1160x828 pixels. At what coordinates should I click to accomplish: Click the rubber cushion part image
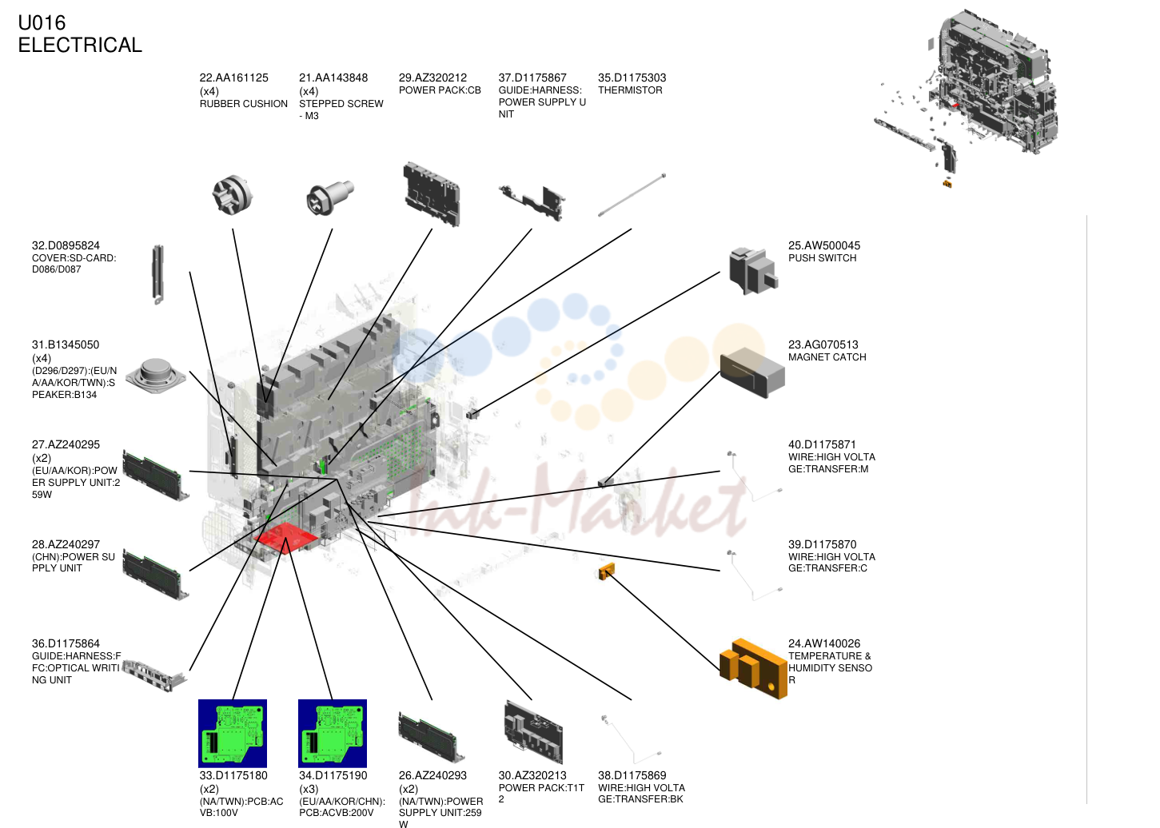coord(233,194)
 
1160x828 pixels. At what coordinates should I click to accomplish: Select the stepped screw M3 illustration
coord(330,197)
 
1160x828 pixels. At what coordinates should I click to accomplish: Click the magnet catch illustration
coord(752,372)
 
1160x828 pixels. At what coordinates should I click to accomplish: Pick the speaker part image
coord(156,376)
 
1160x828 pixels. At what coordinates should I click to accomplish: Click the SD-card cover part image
coord(158,274)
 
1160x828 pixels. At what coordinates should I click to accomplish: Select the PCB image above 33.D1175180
coord(233,733)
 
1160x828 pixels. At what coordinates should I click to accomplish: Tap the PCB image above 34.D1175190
coord(333,733)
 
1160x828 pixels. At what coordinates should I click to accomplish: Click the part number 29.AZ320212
coord(433,78)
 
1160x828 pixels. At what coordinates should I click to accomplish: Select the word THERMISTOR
coord(630,90)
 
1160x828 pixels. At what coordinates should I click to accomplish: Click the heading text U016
coord(42,23)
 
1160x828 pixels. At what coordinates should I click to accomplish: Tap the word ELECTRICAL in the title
coord(80,45)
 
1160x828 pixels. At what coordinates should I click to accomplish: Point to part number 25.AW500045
coord(824,245)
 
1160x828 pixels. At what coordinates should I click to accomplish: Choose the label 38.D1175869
coord(632,775)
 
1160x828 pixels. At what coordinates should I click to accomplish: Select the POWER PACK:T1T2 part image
coord(533,731)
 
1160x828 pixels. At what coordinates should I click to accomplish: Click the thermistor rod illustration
coord(632,195)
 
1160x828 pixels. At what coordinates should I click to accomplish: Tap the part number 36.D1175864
coord(66,643)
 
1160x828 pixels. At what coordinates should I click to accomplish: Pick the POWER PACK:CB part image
coord(432,194)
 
